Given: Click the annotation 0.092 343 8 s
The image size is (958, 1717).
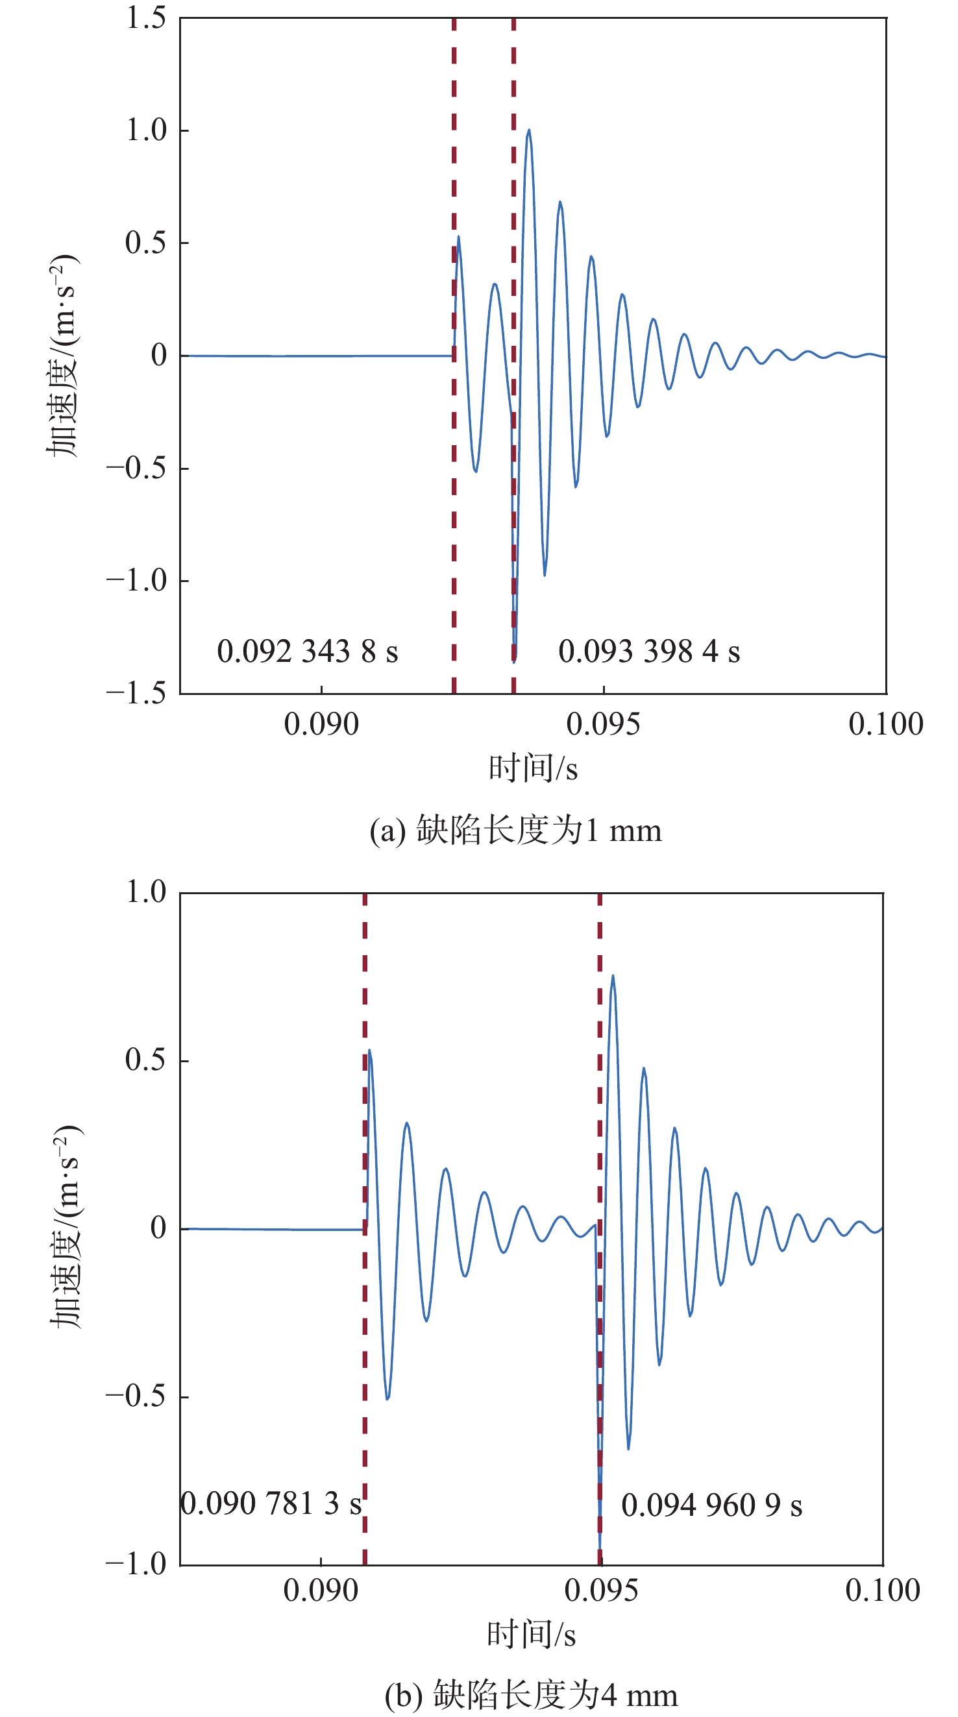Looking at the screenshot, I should click(308, 652).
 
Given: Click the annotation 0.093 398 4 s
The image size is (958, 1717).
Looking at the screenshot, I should click(648, 652).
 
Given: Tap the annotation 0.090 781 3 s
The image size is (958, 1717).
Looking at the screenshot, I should click(271, 1504).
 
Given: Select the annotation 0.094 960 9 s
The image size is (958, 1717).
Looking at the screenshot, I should click(711, 1505).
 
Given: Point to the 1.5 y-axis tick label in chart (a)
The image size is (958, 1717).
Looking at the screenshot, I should click(146, 18).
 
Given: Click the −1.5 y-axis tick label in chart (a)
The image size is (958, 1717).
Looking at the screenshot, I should click(136, 694).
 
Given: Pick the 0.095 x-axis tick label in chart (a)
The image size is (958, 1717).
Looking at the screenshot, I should click(603, 725).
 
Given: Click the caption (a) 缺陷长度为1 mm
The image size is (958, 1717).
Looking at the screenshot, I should click(515, 831).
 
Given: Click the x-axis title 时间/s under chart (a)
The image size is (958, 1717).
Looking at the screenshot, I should click(533, 768).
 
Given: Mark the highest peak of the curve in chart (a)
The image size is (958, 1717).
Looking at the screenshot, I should click(529, 130).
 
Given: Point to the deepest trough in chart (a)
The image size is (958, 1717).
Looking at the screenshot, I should click(514, 661).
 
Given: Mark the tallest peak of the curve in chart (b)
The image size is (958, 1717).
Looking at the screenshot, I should click(613, 977).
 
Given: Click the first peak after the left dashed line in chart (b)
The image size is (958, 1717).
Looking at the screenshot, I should click(369, 1051).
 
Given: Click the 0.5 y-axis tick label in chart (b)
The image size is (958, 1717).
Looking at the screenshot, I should click(145, 1060).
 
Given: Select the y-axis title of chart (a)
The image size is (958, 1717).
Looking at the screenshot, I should click(63, 355).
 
